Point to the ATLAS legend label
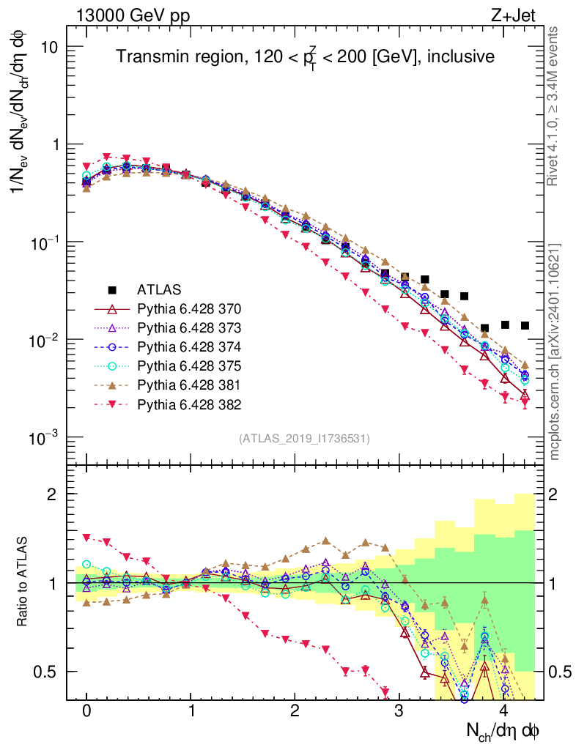159,289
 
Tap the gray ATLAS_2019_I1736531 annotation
304,438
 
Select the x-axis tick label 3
399,711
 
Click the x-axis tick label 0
86,711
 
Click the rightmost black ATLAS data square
525,325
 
